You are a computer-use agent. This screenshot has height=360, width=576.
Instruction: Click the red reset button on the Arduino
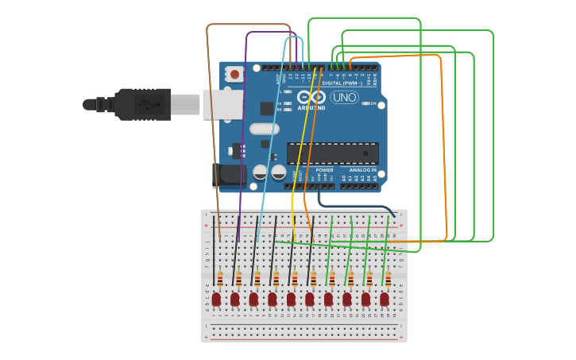tap(235, 75)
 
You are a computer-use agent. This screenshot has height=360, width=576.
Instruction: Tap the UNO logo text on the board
tap(344, 98)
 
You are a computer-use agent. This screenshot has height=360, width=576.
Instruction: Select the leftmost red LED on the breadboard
tap(216, 299)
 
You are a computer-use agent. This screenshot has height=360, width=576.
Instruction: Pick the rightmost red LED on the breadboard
tap(385, 299)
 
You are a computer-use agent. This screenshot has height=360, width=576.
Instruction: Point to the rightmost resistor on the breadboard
tap(388, 278)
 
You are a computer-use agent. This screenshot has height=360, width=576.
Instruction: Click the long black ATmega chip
tap(332, 153)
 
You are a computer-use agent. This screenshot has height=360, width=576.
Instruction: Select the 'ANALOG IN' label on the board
tap(363, 170)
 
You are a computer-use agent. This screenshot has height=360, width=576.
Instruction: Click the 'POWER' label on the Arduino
tap(324, 170)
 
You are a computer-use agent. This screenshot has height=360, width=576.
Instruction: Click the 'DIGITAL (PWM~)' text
tap(342, 83)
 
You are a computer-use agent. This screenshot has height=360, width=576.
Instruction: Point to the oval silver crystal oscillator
tap(264, 129)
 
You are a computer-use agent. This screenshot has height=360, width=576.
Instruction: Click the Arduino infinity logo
tap(311, 98)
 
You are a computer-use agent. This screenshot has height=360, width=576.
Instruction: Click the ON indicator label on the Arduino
tap(372, 103)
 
